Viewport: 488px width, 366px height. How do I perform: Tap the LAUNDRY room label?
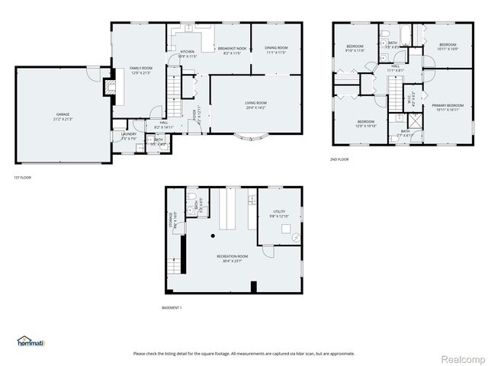coord(128,136)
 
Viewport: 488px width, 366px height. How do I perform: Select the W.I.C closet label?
coord(410,97)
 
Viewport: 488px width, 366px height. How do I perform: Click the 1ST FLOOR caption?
coord(22,177)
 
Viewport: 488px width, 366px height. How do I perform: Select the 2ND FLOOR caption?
coord(339,159)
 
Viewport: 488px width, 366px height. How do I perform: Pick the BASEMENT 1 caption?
coord(172,307)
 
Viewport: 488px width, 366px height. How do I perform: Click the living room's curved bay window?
coord(251,139)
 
